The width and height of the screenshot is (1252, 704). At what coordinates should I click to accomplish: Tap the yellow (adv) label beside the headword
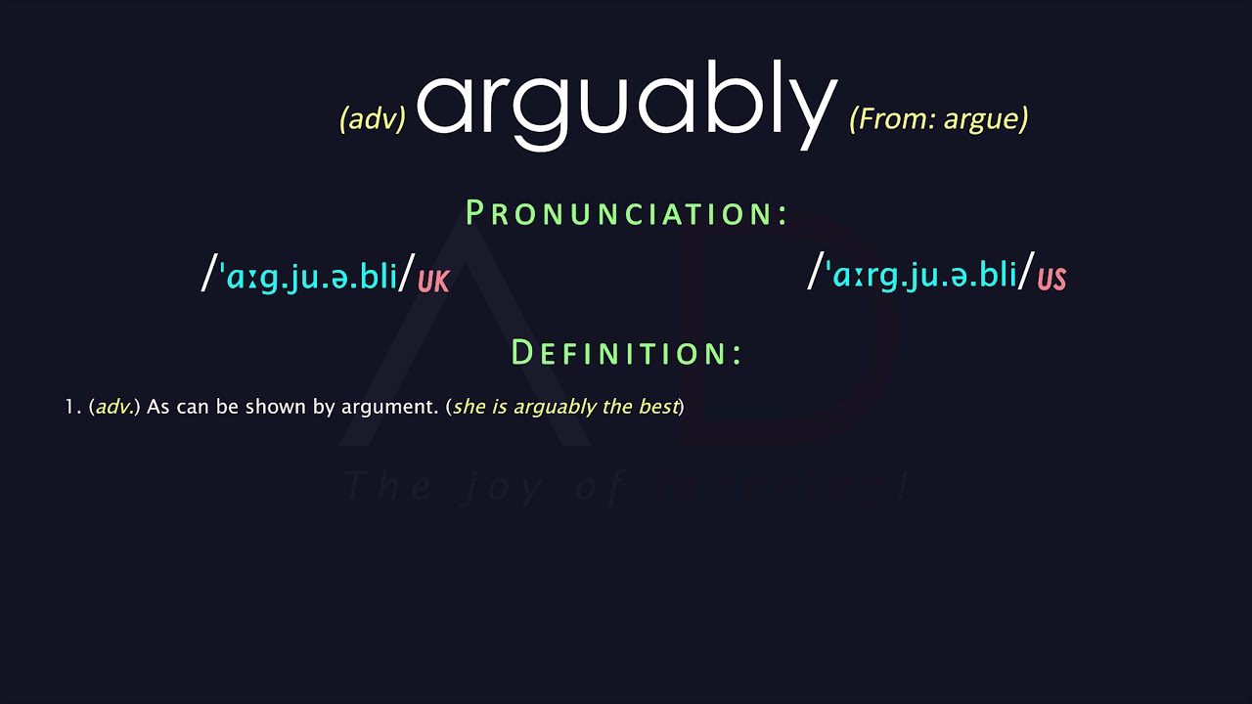pyautogui.click(x=373, y=119)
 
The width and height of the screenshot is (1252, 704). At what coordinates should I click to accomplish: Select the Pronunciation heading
pyautogui.click(x=626, y=213)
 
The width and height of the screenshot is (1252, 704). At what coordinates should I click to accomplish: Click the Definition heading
pyautogui.click(x=626, y=353)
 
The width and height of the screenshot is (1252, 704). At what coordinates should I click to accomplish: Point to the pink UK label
pyautogui.click(x=433, y=282)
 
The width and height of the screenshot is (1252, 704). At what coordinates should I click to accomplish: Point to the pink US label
pyautogui.click(x=1051, y=280)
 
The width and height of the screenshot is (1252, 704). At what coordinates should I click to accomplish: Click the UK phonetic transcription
pyautogui.click(x=311, y=276)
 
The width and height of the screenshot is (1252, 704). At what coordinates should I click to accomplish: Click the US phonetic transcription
pyautogui.click(x=923, y=274)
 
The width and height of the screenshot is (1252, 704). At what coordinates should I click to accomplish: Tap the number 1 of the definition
pyautogui.click(x=69, y=407)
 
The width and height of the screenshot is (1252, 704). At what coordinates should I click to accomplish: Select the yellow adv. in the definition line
pyautogui.click(x=114, y=407)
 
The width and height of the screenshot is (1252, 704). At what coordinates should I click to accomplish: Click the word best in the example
pyautogui.click(x=658, y=407)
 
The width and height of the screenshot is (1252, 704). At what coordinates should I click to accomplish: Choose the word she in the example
pyautogui.click(x=469, y=407)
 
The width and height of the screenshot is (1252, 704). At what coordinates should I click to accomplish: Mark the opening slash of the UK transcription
pyautogui.click(x=207, y=273)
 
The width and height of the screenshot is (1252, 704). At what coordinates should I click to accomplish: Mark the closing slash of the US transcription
pyautogui.click(x=1025, y=271)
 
